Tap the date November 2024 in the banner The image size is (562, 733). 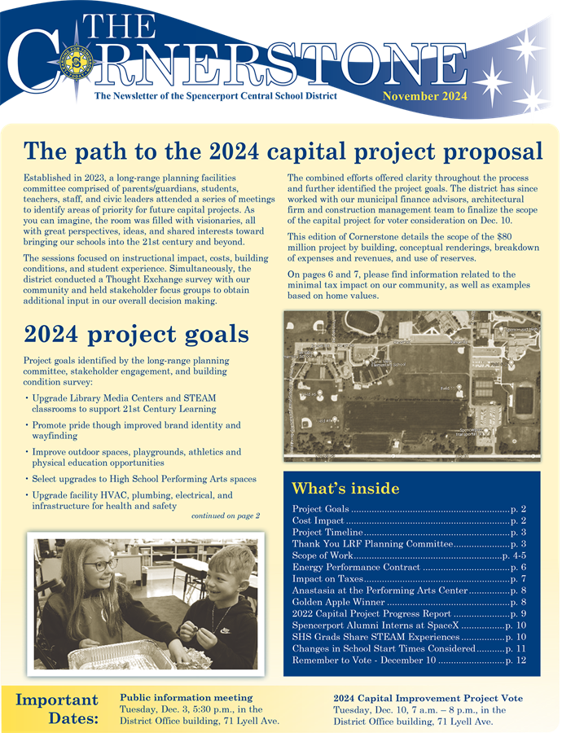click(425, 95)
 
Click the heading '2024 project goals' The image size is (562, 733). click(136, 334)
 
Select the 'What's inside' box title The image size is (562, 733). click(345, 488)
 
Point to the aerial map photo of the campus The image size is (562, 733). click(411, 384)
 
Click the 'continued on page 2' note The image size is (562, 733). click(225, 516)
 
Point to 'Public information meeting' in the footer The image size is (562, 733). click(186, 698)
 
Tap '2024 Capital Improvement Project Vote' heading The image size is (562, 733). click(428, 698)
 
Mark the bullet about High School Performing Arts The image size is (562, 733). click(144, 479)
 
